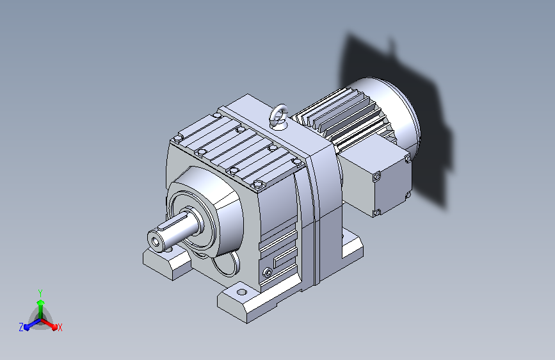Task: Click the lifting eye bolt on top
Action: point(279,116)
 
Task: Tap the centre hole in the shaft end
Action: point(156,241)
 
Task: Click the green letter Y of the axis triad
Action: point(40,293)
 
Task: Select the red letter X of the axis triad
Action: point(60,327)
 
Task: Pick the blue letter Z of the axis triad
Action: point(21,327)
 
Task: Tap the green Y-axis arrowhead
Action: point(41,303)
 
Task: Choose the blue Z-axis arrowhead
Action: point(27,326)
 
